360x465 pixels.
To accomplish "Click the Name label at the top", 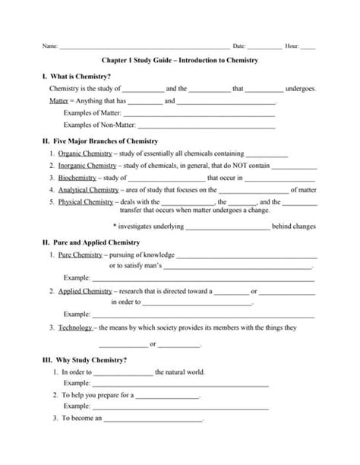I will click(50, 46).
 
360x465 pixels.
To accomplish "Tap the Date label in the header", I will click(239, 46).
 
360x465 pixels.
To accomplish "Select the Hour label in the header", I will click(291, 46).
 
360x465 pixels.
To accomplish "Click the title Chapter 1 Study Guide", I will click(179, 59).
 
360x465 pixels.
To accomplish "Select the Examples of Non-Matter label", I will click(97, 124).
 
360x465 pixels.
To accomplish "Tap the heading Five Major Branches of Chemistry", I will click(100, 141).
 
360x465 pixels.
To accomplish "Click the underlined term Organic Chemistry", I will click(84, 153).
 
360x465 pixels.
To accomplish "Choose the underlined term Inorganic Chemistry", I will click(87, 166).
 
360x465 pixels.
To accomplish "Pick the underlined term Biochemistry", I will click(77, 178).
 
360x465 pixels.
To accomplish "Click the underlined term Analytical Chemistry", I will click(88, 190).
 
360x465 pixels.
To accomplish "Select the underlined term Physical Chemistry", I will click(86, 202).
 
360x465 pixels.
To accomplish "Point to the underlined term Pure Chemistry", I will click(80, 255).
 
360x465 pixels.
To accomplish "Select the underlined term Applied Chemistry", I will click(84, 291).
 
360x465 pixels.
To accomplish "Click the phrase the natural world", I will click(180, 372).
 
